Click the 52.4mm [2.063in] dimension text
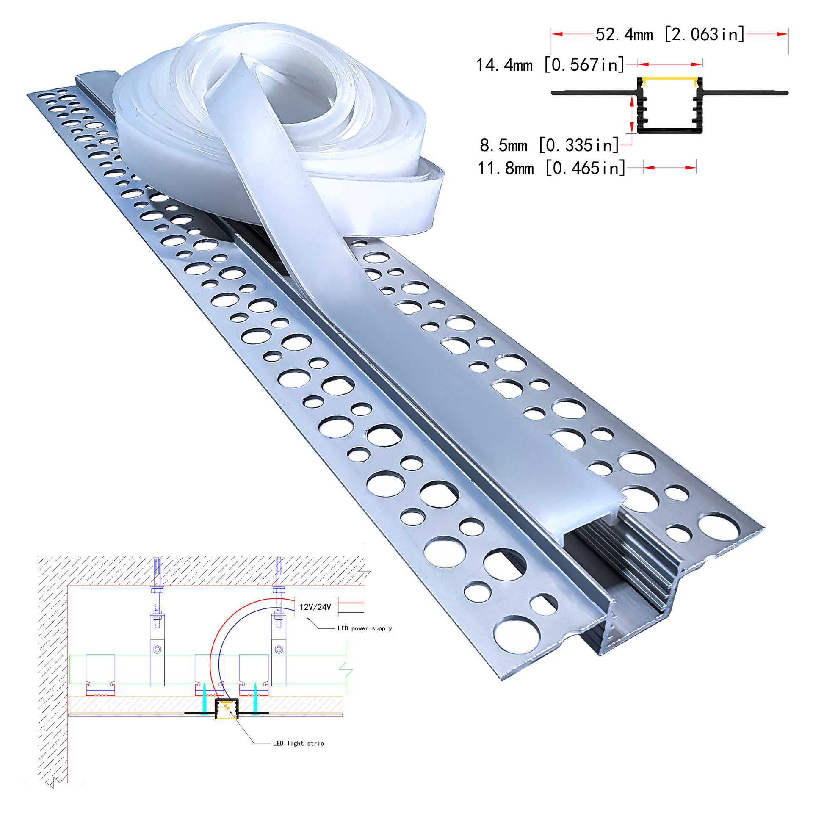tap(670, 34)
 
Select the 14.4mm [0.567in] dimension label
tap(550, 65)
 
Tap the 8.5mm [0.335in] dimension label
tap(549, 145)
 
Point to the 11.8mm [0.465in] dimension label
tap(551, 168)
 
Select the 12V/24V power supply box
tap(316, 607)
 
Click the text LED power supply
tap(365, 628)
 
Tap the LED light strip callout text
tap(299, 743)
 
